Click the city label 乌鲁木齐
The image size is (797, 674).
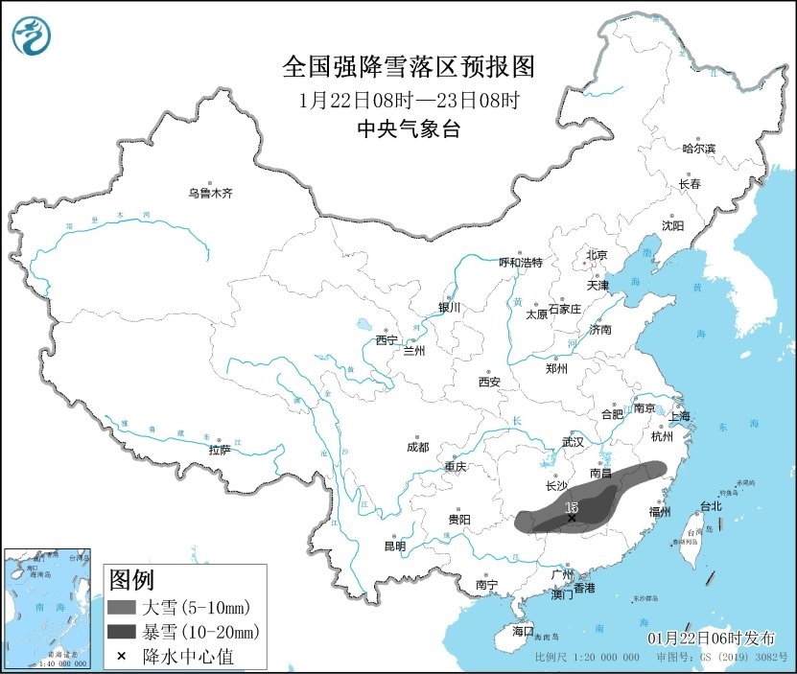point(210,193)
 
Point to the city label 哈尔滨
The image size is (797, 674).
point(698,149)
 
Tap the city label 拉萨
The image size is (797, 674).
point(220,450)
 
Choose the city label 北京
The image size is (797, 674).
point(597,255)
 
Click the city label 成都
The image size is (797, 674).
point(417,447)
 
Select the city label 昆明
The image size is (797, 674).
point(394,546)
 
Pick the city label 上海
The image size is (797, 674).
point(679,416)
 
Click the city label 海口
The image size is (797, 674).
point(522,631)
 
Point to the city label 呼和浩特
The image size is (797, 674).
point(521,262)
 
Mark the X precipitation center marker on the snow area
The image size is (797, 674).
point(573,518)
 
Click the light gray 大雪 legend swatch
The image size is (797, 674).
point(122,607)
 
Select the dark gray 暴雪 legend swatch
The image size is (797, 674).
point(122,631)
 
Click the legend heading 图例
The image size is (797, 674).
point(130,580)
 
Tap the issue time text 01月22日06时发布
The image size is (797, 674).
point(715,638)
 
